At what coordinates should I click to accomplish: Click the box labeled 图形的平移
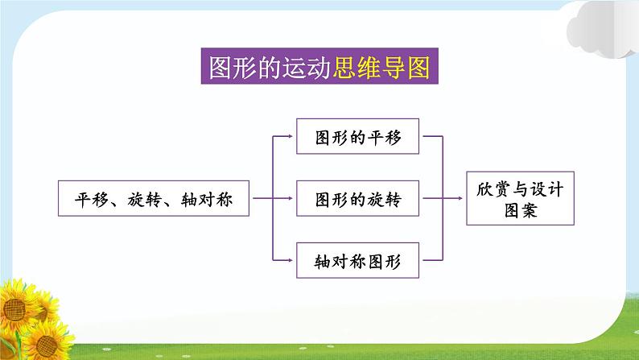pyautogui.click(x=358, y=138)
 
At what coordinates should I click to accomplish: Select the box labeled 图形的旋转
pyautogui.click(x=358, y=198)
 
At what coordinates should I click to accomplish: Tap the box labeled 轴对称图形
pyautogui.click(x=358, y=260)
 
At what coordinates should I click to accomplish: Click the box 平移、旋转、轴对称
pyautogui.click(x=154, y=198)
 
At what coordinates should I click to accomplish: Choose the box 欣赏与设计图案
pyautogui.click(x=520, y=198)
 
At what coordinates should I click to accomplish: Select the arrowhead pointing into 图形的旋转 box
pyautogui.click(x=291, y=198)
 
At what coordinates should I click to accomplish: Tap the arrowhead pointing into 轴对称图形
pyautogui.click(x=291, y=260)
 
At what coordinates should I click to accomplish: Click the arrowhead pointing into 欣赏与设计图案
pyautogui.click(x=462, y=198)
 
